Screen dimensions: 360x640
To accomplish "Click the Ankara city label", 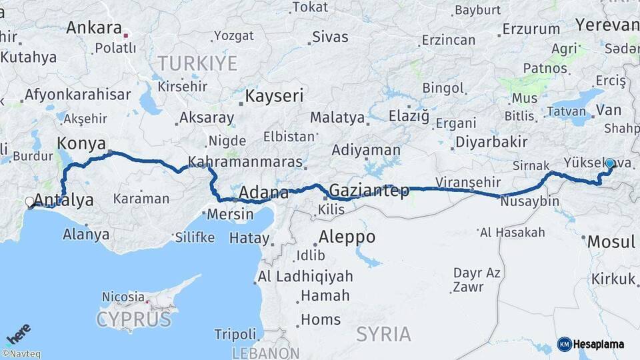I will tap(93, 29).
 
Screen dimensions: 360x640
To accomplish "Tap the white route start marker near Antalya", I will tap(29, 201).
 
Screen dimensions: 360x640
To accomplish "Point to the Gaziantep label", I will tap(369, 191).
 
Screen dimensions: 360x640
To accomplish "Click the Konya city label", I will tap(81, 143).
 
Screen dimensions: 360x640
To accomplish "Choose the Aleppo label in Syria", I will tap(347, 237).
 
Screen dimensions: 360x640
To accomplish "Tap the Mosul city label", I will tap(611, 242).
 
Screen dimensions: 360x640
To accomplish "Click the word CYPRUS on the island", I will tap(133, 319).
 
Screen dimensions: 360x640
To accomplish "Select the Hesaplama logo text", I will tap(599, 344).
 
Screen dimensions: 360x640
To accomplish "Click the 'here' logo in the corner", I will tap(18, 333).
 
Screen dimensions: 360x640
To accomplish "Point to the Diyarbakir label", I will tap(491, 141).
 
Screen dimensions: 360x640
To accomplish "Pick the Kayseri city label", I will tap(274, 95).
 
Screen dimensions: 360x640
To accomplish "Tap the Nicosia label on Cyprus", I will tap(123, 297).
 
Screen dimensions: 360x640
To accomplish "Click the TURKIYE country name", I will tap(197, 63).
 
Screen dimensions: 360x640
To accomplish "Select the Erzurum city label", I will tap(531, 29).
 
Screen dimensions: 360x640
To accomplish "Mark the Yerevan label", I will tap(607, 25).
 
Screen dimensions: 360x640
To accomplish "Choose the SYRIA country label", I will tap(383, 334).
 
